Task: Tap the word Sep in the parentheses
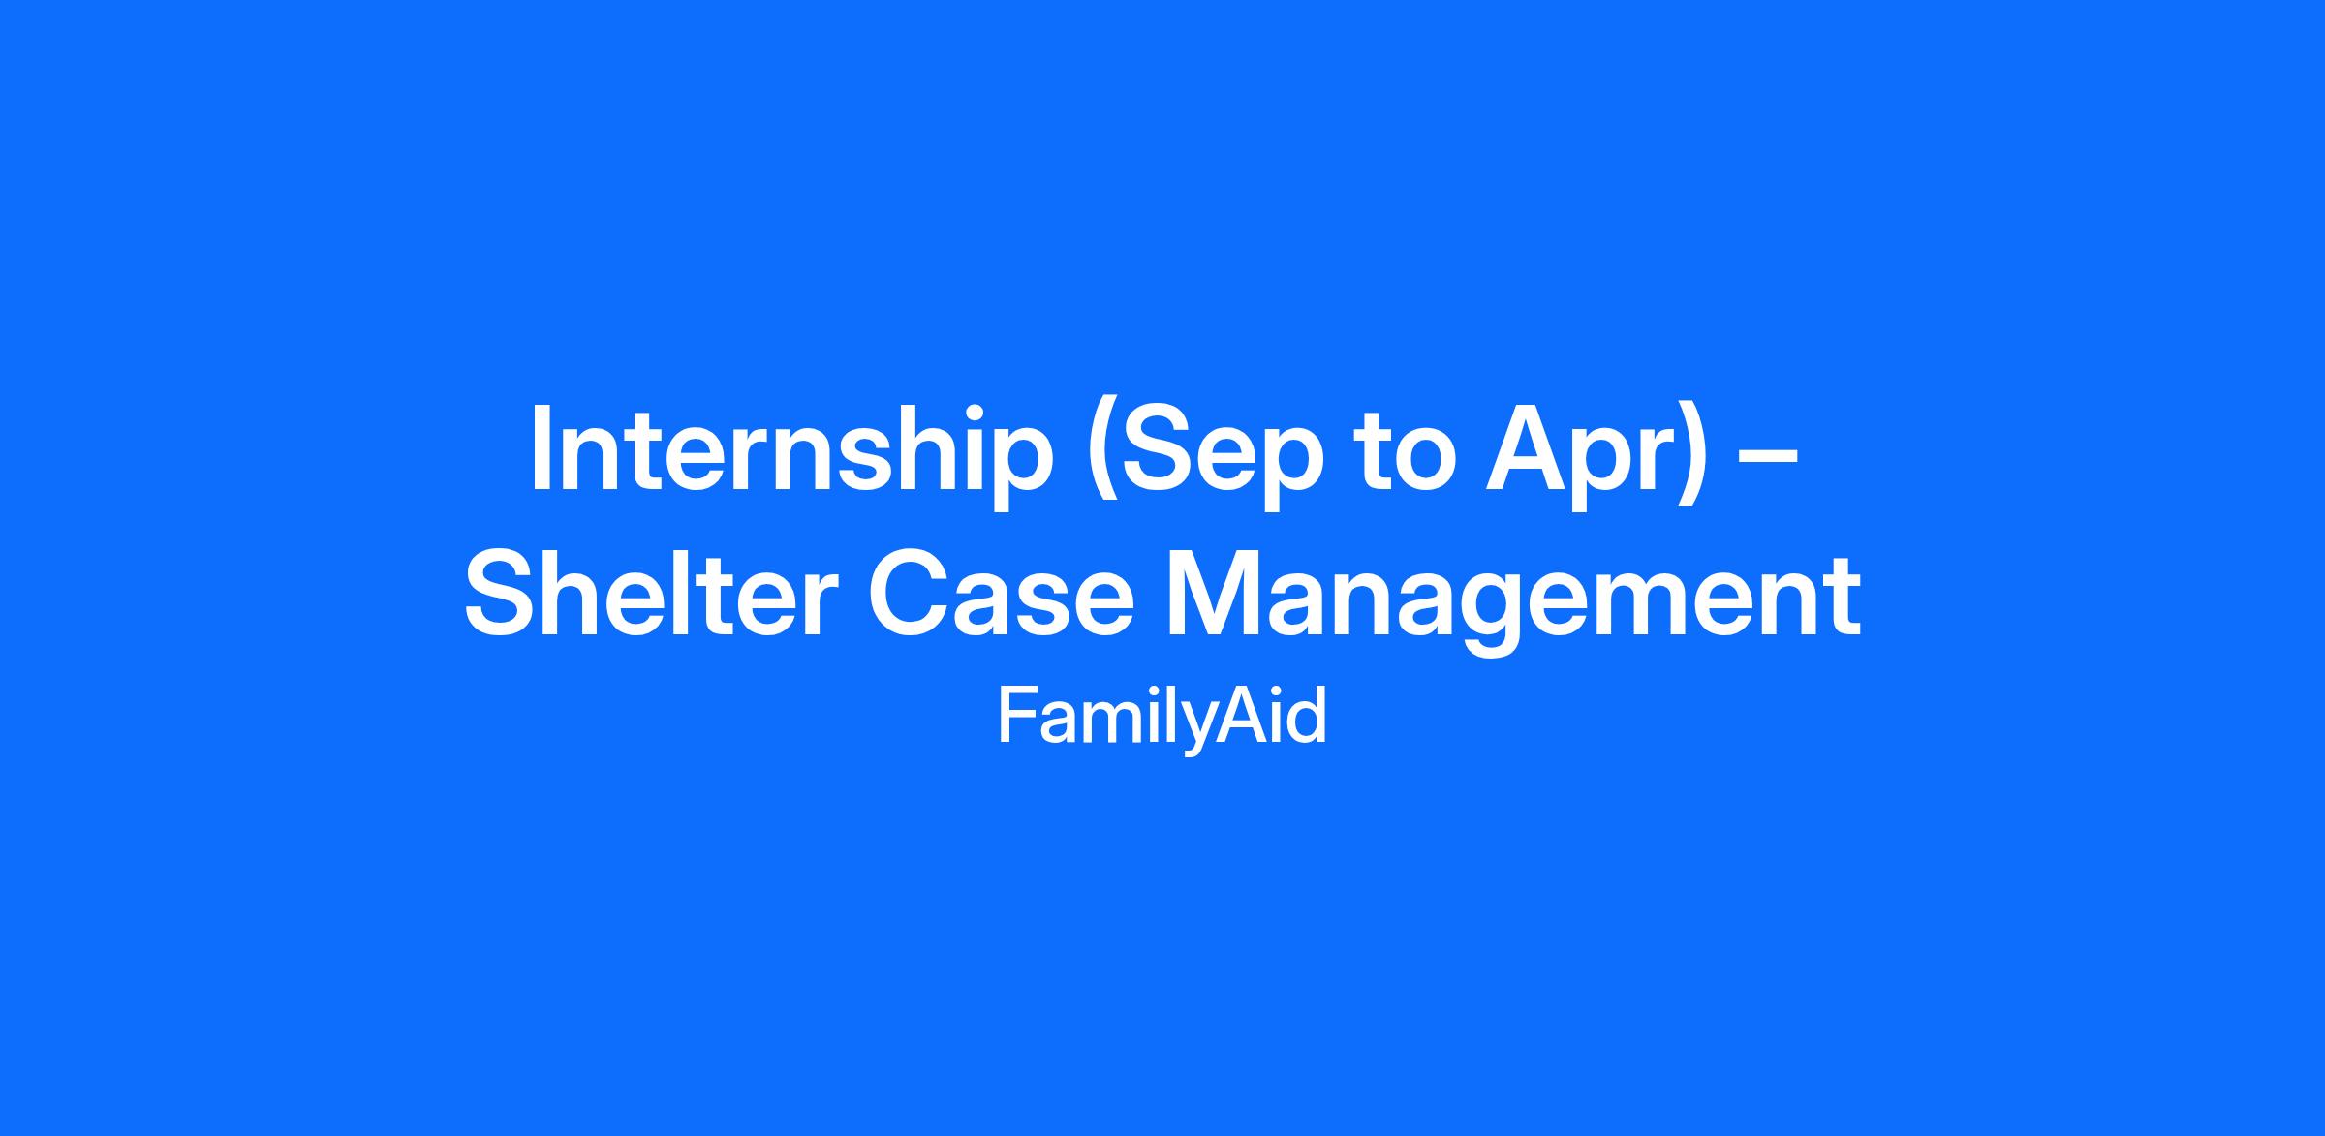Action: tap(1217, 455)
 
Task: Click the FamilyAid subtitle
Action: tap(1162, 718)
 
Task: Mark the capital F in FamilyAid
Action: tap(1016, 717)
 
